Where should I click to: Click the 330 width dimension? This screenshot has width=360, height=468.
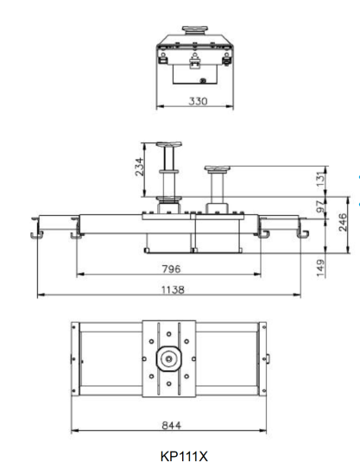(198, 101)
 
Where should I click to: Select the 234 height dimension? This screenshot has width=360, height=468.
(140, 167)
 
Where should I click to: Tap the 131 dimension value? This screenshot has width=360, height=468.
(320, 179)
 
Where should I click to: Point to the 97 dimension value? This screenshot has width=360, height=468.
(320, 206)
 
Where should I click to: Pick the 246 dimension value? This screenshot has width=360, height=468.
(344, 222)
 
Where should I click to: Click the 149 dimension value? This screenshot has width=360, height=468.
(320, 268)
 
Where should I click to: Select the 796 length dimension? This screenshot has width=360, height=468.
(171, 269)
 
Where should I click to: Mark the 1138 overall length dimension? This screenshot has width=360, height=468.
(173, 290)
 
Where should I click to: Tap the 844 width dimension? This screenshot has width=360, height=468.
(171, 425)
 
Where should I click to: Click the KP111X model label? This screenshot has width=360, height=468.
(184, 457)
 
